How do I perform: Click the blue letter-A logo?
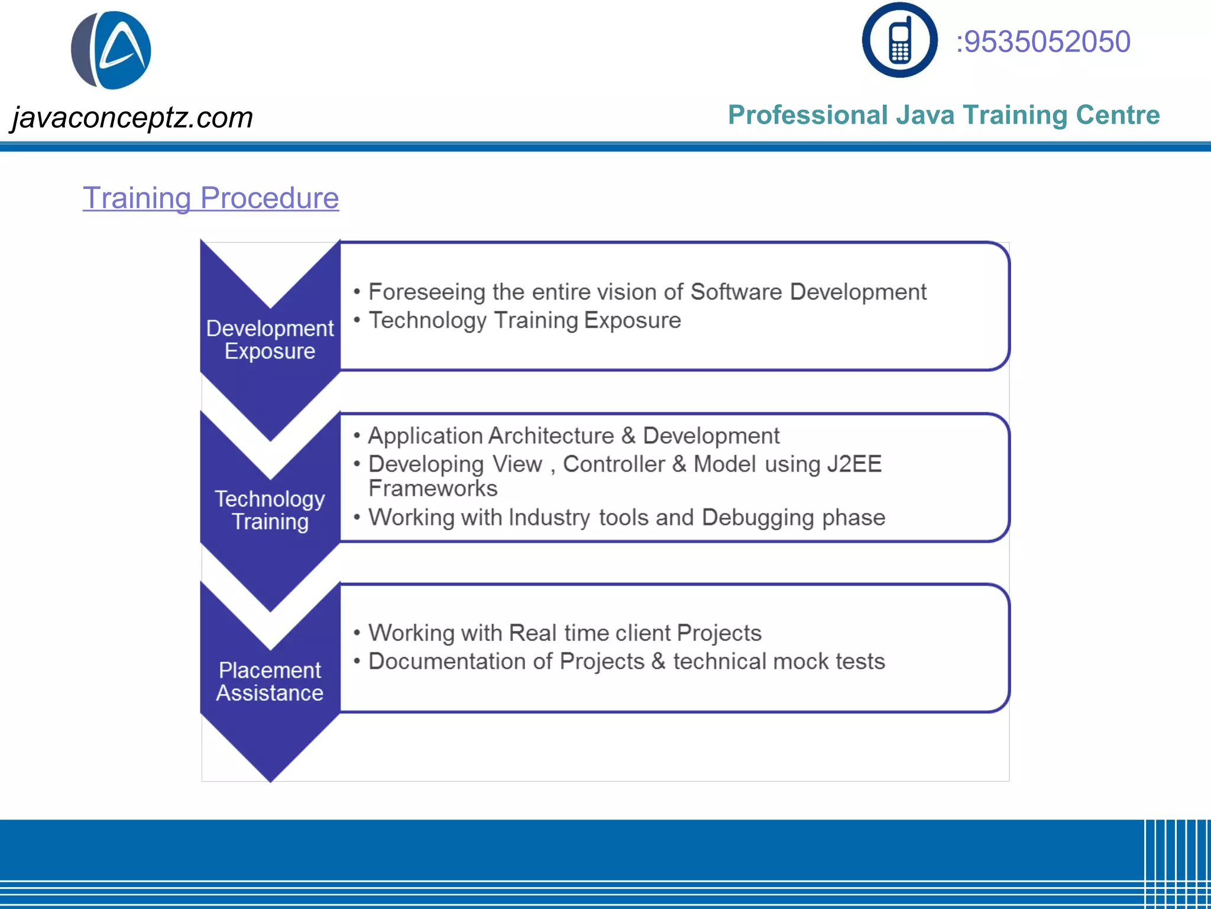point(112,50)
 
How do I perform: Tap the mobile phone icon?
point(899,40)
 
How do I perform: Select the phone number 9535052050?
point(1043,42)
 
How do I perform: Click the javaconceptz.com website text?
point(132,117)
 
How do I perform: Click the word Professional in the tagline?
point(808,115)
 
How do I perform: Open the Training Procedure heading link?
point(211,198)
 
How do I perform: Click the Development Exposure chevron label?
point(270,340)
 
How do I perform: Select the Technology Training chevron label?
point(270,510)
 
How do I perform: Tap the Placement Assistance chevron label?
point(270,681)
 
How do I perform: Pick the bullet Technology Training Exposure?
point(524,320)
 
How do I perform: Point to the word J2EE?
point(854,464)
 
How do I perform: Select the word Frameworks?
point(433,489)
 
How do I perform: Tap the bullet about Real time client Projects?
point(565,633)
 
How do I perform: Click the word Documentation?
point(446,661)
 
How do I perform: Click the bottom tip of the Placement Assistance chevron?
point(270,779)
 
